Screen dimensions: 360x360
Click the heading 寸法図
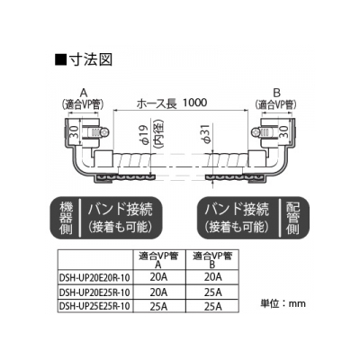tap(91, 59)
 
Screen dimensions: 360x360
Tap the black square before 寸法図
tap(61, 60)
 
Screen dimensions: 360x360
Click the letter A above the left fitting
tap(83, 93)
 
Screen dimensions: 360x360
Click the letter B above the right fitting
tap(276, 93)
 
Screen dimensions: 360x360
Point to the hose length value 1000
tap(194, 103)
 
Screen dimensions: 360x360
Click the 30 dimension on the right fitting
tap(283, 132)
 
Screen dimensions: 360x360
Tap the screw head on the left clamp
tap(105, 132)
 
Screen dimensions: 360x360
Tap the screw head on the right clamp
tap(256, 132)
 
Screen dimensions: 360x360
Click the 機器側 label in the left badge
tap(66, 218)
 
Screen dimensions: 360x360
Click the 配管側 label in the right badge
tap(293, 218)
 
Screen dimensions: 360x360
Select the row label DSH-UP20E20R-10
tap(94, 277)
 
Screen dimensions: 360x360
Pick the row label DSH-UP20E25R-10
tap(94, 292)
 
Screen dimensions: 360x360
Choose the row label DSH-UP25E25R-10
tap(94, 306)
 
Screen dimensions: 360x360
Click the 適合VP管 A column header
tap(158, 260)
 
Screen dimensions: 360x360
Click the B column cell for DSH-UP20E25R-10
tap(213, 292)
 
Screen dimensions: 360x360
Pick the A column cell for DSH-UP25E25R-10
tap(158, 306)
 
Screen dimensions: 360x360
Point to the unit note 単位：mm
tap(283, 303)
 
